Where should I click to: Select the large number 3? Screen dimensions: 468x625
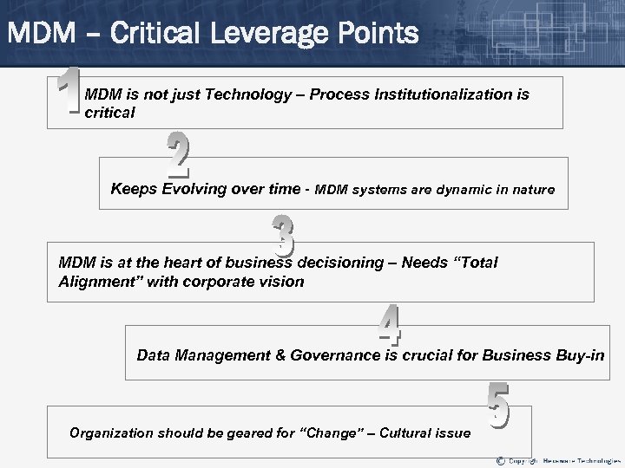pyautogui.click(x=283, y=236)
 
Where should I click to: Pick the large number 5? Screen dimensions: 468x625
pyautogui.click(x=497, y=406)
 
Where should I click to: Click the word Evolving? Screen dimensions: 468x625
pyautogui.click(x=194, y=189)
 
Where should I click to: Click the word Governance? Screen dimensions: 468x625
pyautogui.click(x=336, y=355)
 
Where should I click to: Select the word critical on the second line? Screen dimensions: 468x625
pyautogui.click(x=110, y=114)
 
